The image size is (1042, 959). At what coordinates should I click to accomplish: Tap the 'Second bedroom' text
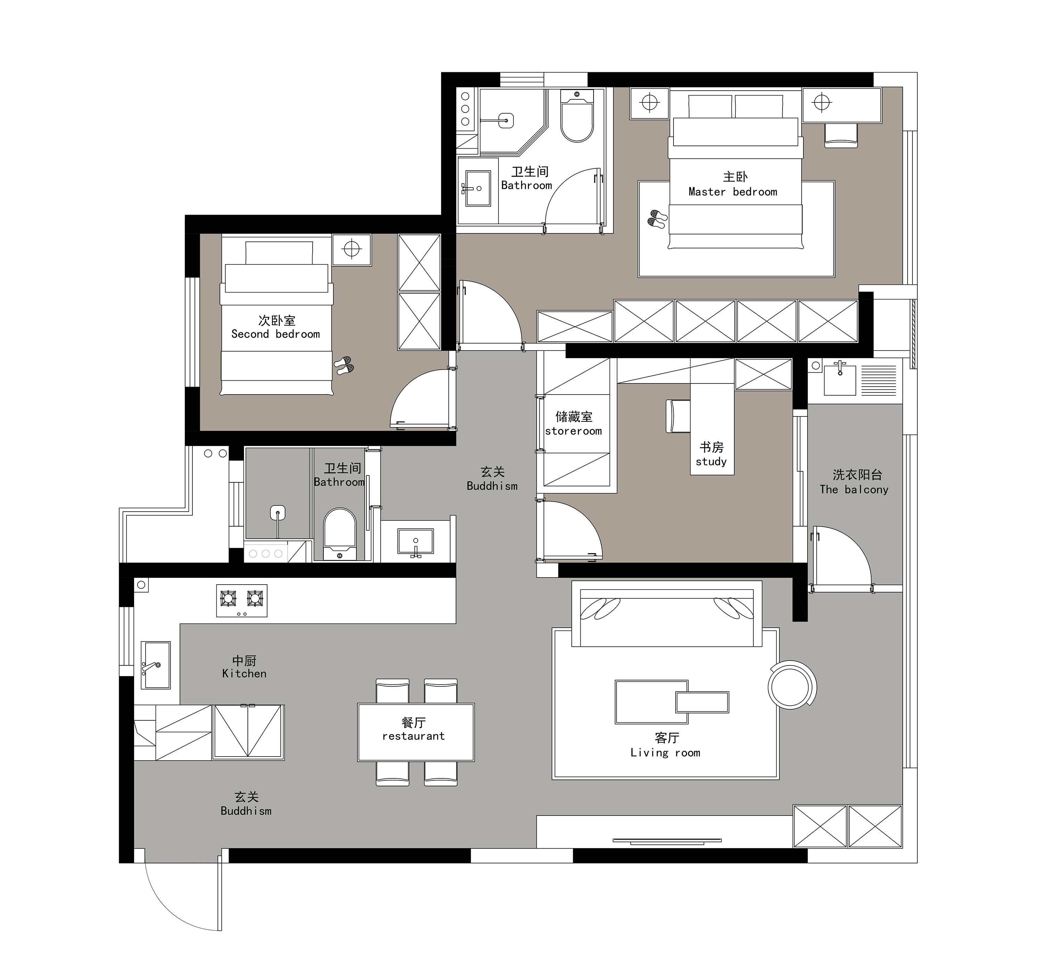pos(275,334)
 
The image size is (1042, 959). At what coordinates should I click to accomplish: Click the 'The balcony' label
pos(854,489)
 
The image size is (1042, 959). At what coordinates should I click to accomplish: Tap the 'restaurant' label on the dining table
pos(414,736)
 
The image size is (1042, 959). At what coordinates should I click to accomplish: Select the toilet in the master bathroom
pos(577,116)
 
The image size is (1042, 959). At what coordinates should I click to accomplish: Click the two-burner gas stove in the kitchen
pos(242,601)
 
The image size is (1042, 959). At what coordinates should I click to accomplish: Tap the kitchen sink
pos(156,665)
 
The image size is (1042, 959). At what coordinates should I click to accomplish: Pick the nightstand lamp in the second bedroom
pos(352,250)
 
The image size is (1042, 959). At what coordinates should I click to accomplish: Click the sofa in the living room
pos(667,614)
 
